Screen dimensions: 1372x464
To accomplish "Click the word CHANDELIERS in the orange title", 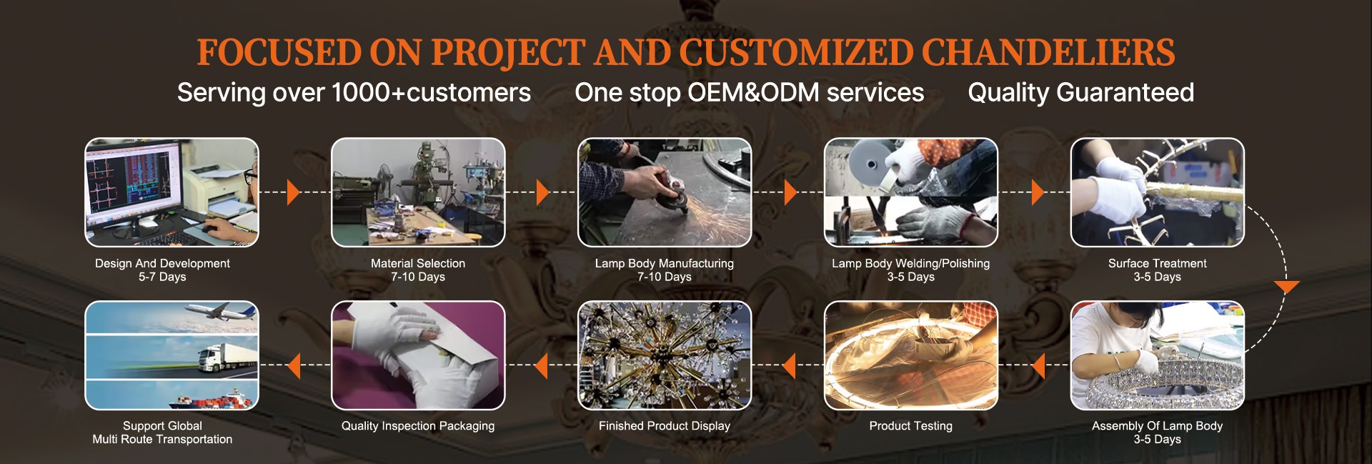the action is tap(1048, 53).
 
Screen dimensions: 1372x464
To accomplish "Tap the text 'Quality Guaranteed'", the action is tap(1080, 93).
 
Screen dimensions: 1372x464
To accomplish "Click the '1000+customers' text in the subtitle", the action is tap(431, 93).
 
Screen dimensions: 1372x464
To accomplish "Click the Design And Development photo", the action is tap(171, 192).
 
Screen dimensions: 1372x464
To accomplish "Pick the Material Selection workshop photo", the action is tap(418, 192).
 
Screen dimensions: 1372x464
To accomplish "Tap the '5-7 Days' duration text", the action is tap(162, 277).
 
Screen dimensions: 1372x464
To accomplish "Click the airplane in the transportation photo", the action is tap(222, 312).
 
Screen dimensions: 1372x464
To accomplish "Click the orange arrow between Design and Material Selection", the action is tap(294, 192).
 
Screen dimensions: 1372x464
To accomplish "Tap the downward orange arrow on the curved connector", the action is tap(1286, 287).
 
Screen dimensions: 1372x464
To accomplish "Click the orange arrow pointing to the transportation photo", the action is tap(294, 365).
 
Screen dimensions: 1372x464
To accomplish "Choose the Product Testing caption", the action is tap(911, 426).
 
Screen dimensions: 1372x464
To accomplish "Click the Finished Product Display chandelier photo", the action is tap(665, 355).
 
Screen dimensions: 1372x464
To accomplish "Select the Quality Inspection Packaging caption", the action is tap(418, 426).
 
